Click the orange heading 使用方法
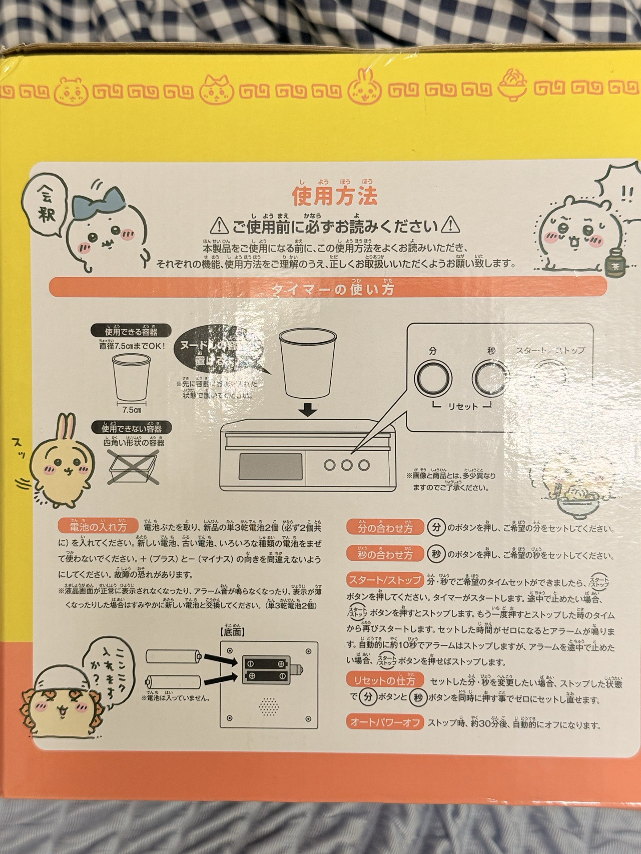tap(334, 196)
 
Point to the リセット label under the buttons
tap(462, 406)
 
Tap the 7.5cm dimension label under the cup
tap(131, 410)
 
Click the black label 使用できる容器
tap(131, 331)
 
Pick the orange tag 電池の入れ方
tap(98, 527)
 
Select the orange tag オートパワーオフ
tap(385, 723)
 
